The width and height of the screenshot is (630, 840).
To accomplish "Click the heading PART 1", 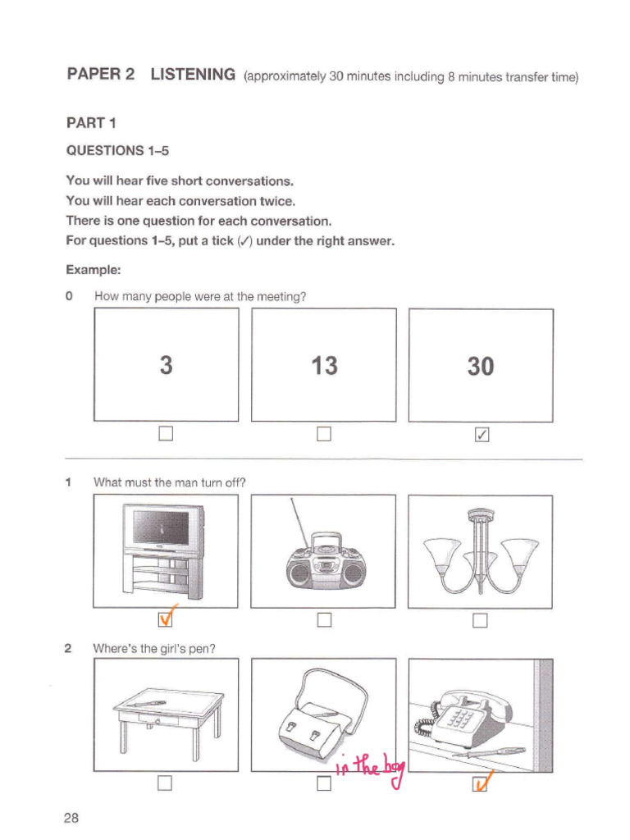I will point(91,123).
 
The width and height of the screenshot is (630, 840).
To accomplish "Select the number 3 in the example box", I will point(167,365).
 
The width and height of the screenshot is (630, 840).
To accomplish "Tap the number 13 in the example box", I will point(324,365).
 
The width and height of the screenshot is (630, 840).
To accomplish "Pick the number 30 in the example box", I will point(481,366).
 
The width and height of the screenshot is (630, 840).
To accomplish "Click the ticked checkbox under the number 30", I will point(482,434).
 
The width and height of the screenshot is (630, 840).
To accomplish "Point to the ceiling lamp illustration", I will point(481,551).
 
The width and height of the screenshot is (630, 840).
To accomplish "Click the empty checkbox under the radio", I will point(324,619).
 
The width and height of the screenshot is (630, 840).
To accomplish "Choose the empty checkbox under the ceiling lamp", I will point(481,619).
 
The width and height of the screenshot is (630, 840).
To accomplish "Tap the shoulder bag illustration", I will point(321,710).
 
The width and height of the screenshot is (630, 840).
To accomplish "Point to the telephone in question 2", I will point(459,714).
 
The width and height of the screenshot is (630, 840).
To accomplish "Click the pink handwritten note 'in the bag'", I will point(371,767).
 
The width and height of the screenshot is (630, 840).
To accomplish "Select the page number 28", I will point(71,818).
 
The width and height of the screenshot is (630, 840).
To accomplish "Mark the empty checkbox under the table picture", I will point(166,785).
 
